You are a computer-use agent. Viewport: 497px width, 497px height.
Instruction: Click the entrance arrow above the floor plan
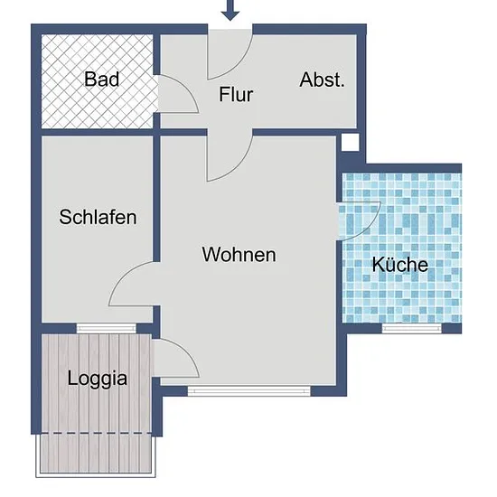click(x=230, y=10)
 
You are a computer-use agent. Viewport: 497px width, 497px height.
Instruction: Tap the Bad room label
click(x=102, y=80)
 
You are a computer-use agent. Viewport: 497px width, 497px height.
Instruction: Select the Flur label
click(x=236, y=95)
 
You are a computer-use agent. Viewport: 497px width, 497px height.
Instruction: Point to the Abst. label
click(x=322, y=80)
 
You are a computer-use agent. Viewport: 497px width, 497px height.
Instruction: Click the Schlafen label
click(x=98, y=217)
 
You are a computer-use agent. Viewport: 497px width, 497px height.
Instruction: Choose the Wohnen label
click(x=239, y=254)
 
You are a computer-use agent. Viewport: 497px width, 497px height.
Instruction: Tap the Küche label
click(x=400, y=264)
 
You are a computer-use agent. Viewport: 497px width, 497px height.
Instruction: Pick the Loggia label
click(x=98, y=378)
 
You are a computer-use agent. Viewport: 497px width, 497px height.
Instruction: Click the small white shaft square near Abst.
click(x=351, y=142)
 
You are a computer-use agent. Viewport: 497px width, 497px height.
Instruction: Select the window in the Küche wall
click(x=411, y=328)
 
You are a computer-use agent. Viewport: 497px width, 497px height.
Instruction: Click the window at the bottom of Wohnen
click(x=249, y=390)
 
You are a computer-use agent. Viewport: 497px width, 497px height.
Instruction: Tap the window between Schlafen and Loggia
click(x=107, y=328)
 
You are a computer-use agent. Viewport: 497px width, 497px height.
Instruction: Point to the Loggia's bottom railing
click(x=96, y=475)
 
